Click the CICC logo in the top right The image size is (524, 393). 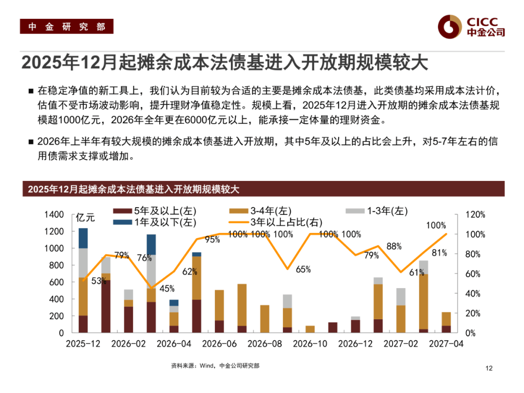point(471,26)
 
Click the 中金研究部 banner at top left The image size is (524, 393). point(66,27)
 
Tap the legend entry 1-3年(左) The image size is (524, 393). point(377,211)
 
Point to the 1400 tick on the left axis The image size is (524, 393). point(53,214)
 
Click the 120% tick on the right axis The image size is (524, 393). point(475,214)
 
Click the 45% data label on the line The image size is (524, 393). point(167,289)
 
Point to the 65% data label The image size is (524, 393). point(303,269)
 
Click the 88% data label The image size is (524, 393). point(394,246)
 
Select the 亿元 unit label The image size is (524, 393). point(86,218)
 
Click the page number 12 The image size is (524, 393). point(489,369)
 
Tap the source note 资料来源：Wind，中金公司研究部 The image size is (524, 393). point(215,366)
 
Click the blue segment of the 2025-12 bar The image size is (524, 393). point(83,238)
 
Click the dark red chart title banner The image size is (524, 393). point(262,189)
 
